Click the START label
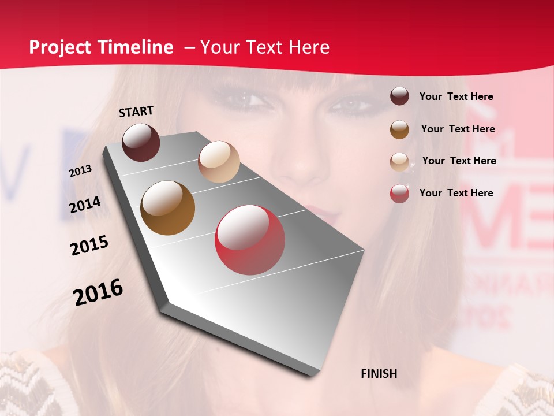coord(136,112)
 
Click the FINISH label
coord(379,374)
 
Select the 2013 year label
coord(80,171)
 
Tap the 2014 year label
coord(85,205)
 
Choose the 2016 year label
coord(98,292)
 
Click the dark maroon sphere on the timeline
coord(141,142)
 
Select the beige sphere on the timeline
coord(219,162)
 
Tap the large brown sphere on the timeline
coord(168,208)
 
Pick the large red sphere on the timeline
coord(250,240)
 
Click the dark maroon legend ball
coord(399,96)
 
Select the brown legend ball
coord(399,129)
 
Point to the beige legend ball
coord(399,162)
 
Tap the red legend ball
coord(399,194)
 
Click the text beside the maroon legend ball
coord(456,97)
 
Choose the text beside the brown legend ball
coord(458,129)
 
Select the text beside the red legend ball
coord(456,193)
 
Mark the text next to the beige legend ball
coord(459,161)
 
